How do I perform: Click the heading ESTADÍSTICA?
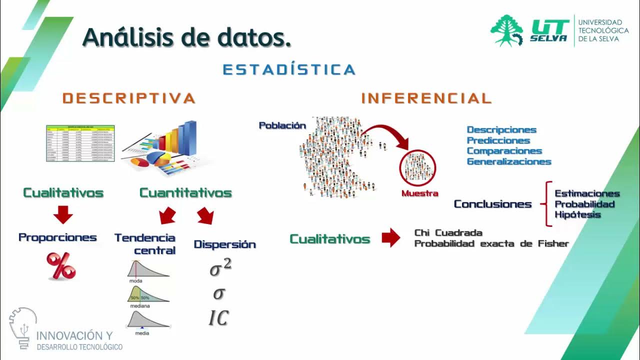coord(289,69)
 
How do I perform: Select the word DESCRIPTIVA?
coord(129,98)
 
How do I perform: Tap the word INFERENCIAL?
coord(426,98)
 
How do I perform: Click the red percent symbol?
coord(61,265)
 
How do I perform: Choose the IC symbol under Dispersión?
coord(218,318)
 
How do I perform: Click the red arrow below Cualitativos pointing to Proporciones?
coord(63,215)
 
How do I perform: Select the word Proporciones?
coord(57,237)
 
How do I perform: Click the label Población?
coord(282,125)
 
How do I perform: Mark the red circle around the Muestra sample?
coord(417,168)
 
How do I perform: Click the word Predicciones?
coord(498,140)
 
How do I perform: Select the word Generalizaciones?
coord(509,161)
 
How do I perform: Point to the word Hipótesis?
coord(577,215)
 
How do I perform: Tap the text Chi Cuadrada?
coord(448,233)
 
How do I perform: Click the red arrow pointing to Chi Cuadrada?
coord(391,238)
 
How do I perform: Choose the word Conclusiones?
coord(492,204)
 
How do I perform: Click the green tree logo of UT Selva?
coord(506,30)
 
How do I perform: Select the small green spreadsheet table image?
coord(80,143)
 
